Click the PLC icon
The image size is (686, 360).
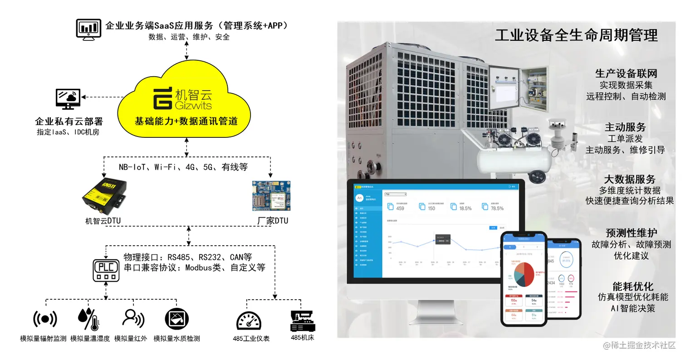pos(106,270)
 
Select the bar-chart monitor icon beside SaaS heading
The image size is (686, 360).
pos(88,29)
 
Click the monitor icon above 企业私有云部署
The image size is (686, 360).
pos(68,99)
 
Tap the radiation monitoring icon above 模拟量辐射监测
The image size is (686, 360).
pos(45,319)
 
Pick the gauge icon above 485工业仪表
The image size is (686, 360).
pos(249,320)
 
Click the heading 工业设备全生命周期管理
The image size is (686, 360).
pos(576,35)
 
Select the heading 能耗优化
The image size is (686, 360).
pos(632,286)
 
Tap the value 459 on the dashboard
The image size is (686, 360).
pos(400,208)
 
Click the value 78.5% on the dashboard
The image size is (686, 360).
pos(497,208)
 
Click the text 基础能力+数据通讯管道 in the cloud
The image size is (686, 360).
pos(186,121)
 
